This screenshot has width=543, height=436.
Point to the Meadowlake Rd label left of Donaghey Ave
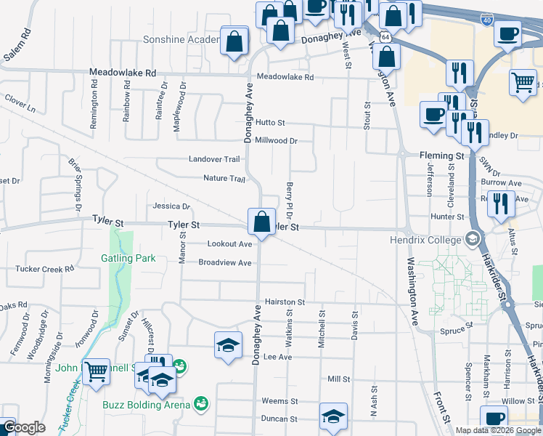click(123, 73)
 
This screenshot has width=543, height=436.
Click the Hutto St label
click(270, 124)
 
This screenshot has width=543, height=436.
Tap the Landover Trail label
click(214, 159)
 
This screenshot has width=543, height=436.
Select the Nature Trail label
click(224, 179)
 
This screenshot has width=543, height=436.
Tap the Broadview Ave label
click(225, 263)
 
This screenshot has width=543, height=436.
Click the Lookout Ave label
click(229, 244)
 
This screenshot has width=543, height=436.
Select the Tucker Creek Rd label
click(45, 269)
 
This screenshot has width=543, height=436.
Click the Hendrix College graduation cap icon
click(473, 239)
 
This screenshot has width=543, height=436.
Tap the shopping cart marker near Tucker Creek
click(96, 372)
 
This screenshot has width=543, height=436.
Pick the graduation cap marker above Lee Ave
click(228, 344)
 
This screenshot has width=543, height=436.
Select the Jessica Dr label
click(171, 206)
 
